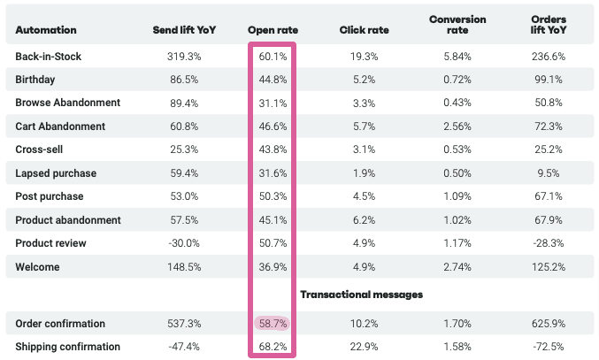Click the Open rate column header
[273, 30]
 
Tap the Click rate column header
[364, 30]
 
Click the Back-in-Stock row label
[49, 57]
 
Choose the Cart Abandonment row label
[60, 126]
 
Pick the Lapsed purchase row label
[56, 173]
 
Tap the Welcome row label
[38, 266]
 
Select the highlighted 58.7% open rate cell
[273, 324]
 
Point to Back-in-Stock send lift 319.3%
[183, 57]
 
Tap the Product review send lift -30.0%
[183, 243]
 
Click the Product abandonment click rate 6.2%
[364, 219]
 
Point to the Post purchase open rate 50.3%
[273, 196]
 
